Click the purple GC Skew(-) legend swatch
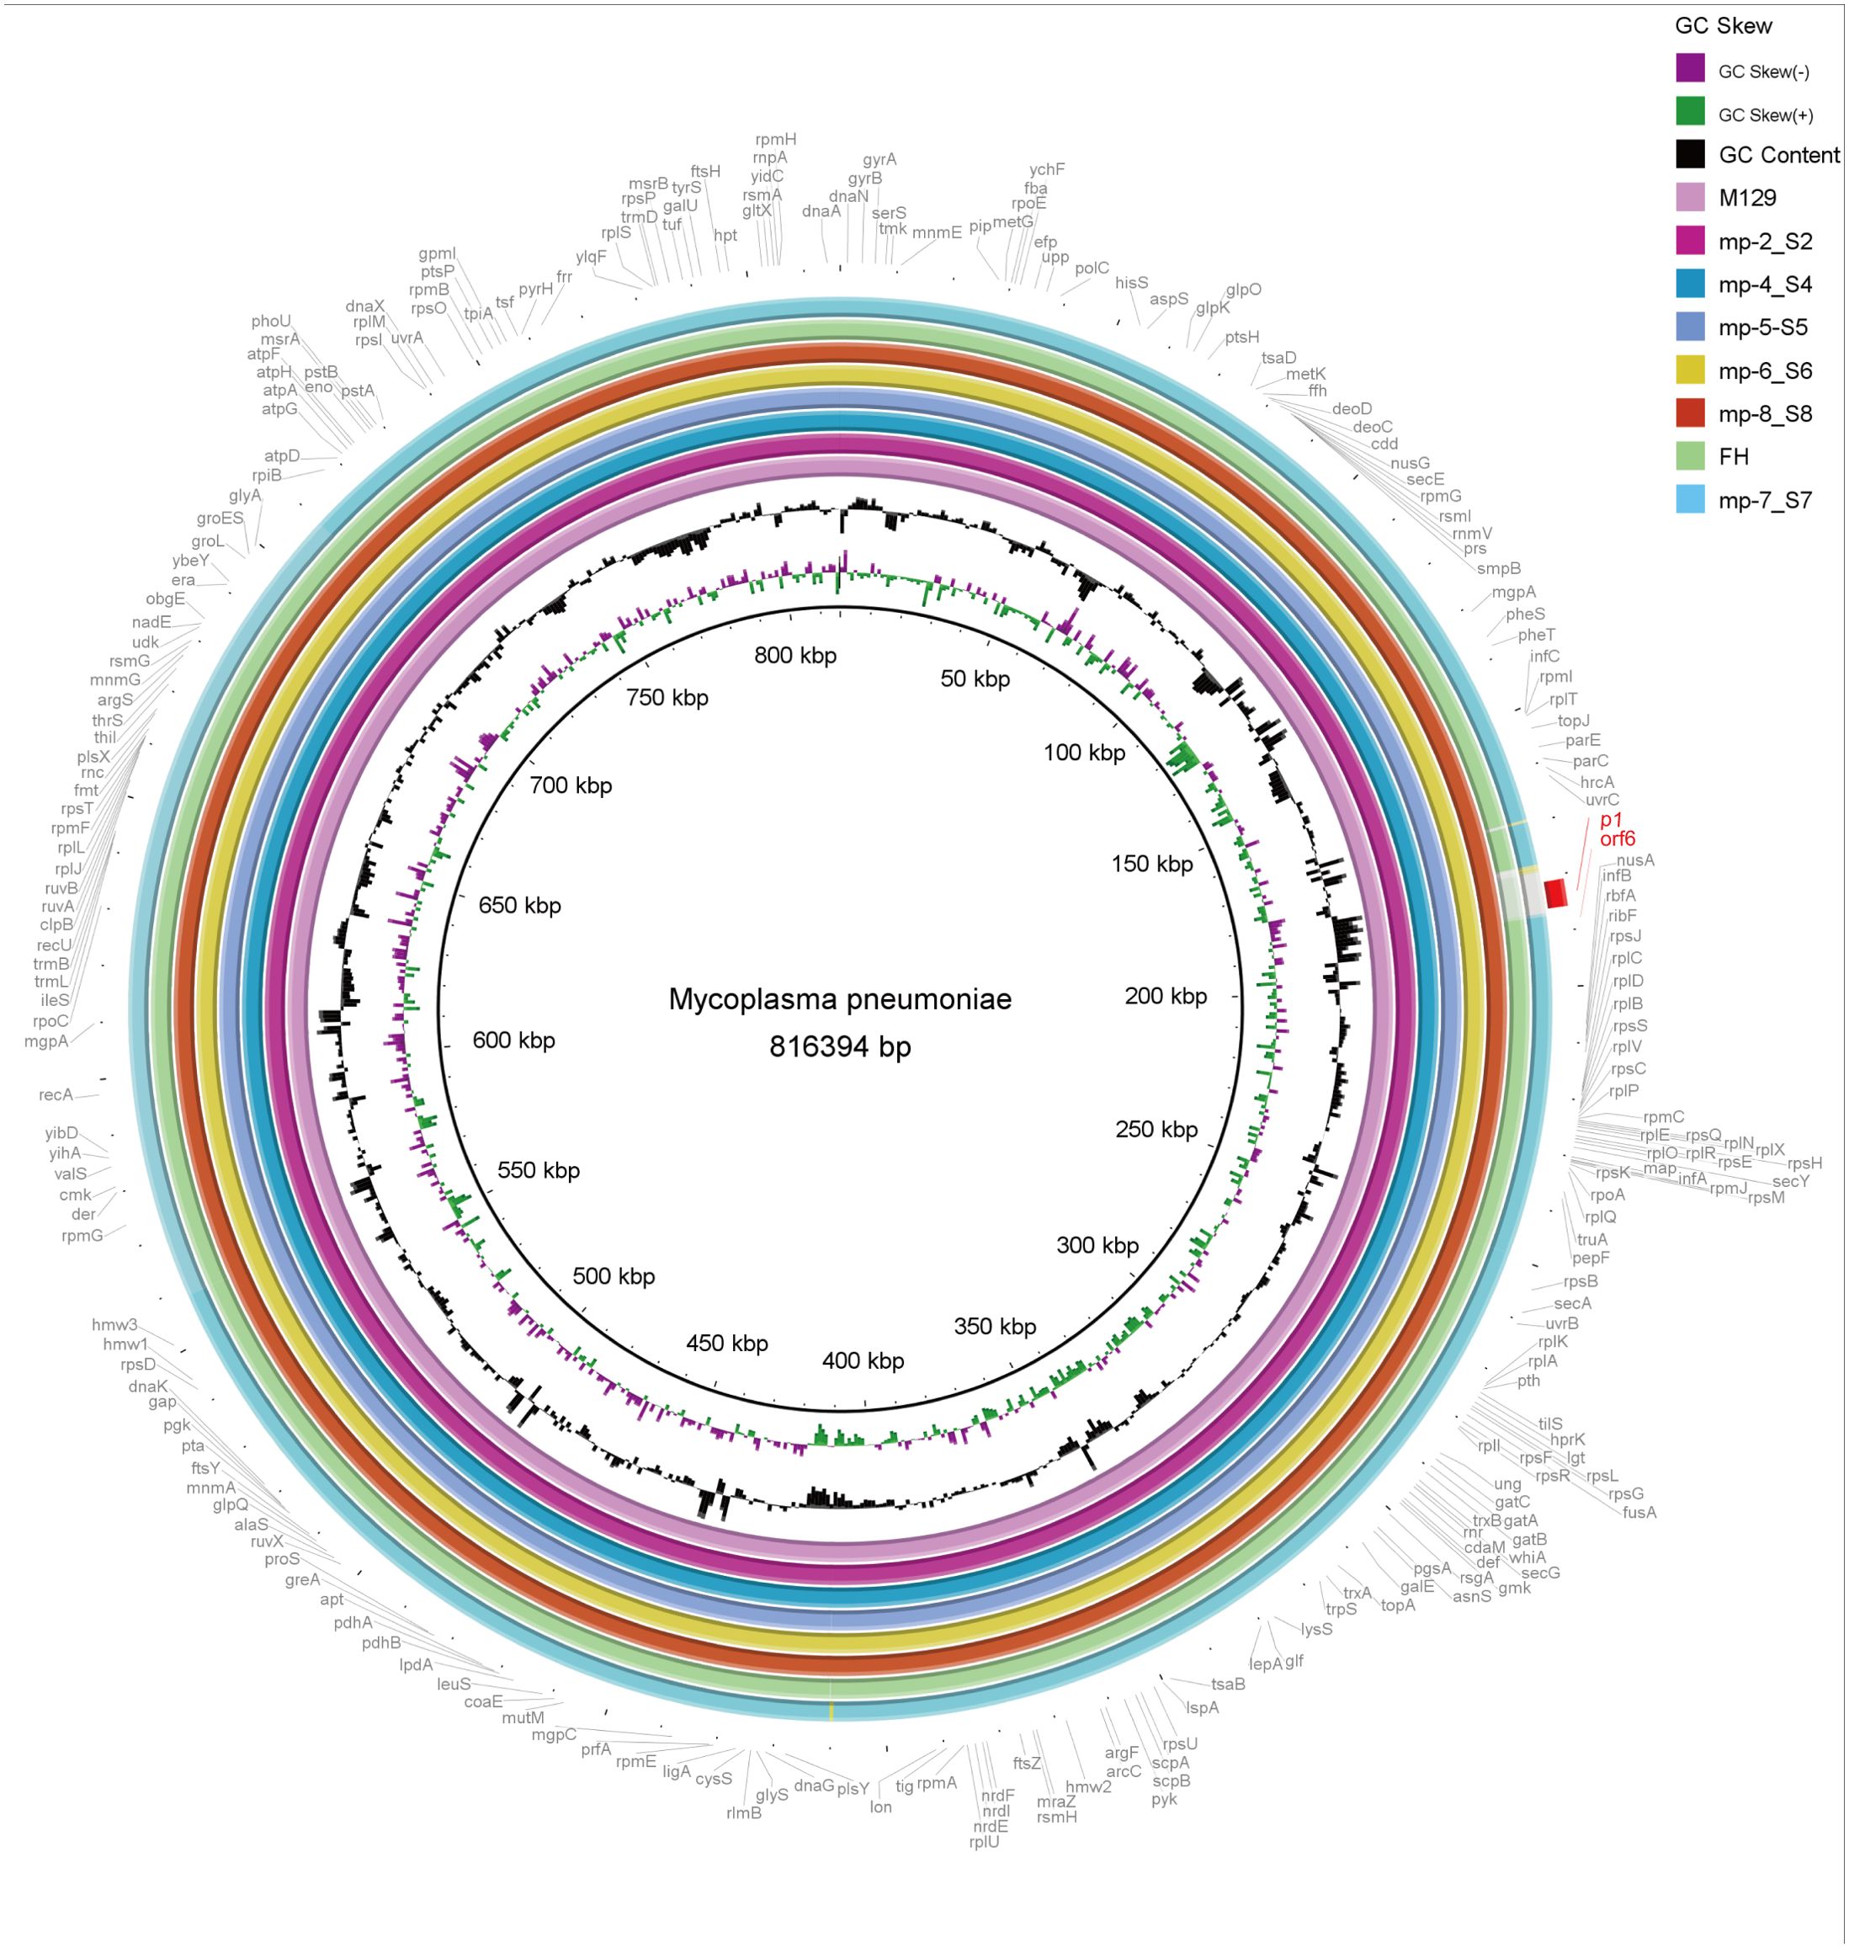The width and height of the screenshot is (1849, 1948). tap(1689, 68)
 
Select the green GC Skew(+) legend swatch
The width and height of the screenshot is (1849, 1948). tap(1689, 111)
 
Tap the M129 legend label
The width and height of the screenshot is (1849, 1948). tap(1746, 198)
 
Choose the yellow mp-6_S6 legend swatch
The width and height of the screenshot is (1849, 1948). tap(1689, 370)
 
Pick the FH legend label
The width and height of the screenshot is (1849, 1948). tap(1733, 456)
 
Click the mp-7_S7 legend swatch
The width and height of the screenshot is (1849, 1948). tap(1689, 499)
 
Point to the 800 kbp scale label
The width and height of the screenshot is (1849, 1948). tap(794, 656)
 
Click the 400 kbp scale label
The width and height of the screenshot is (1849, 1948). tap(863, 1360)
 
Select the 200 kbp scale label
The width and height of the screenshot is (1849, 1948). tap(1165, 996)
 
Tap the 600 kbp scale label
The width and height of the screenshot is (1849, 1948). tap(513, 1040)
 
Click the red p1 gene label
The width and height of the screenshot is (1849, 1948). tap(1611, 820)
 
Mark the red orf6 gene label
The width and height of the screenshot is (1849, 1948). tap(1618, 839)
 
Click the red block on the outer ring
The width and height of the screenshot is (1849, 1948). tap(1555, 893)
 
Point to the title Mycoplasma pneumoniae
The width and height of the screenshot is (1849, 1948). tap(840, 998)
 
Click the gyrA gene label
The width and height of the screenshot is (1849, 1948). tap(879, 160)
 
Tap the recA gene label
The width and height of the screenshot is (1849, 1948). tap(56, 1094)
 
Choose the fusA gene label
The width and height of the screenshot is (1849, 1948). tap(1639, 1512)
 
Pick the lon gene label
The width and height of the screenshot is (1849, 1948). tap(880, 1807)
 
